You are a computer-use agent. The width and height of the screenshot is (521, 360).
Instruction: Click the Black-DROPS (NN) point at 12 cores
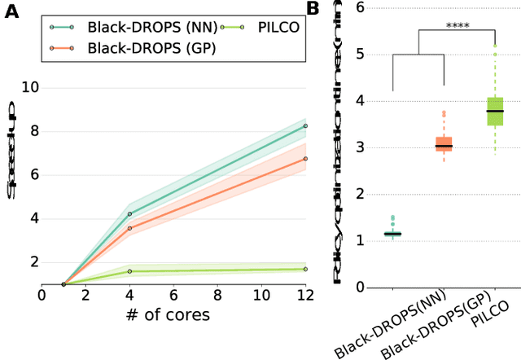pos(305,125)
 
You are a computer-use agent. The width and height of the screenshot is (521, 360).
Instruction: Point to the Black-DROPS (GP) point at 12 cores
pos(305,159)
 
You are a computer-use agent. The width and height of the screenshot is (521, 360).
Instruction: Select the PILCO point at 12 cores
pos(305,269)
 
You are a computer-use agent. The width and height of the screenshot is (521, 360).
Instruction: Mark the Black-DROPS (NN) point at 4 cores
pos(129,213)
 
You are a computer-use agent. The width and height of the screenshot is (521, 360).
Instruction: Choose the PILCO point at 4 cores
pos(129,270)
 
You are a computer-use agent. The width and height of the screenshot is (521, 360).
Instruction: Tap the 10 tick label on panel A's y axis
pos(29,86)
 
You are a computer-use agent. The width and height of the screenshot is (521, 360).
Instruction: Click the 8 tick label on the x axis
pos(217,294)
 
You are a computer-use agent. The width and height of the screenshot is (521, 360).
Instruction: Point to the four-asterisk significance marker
pos(458,25)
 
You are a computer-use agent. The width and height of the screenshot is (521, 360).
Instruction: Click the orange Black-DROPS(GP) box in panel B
pos(444,144)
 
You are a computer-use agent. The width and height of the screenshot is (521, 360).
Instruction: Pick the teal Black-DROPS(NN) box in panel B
pos(393,234)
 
